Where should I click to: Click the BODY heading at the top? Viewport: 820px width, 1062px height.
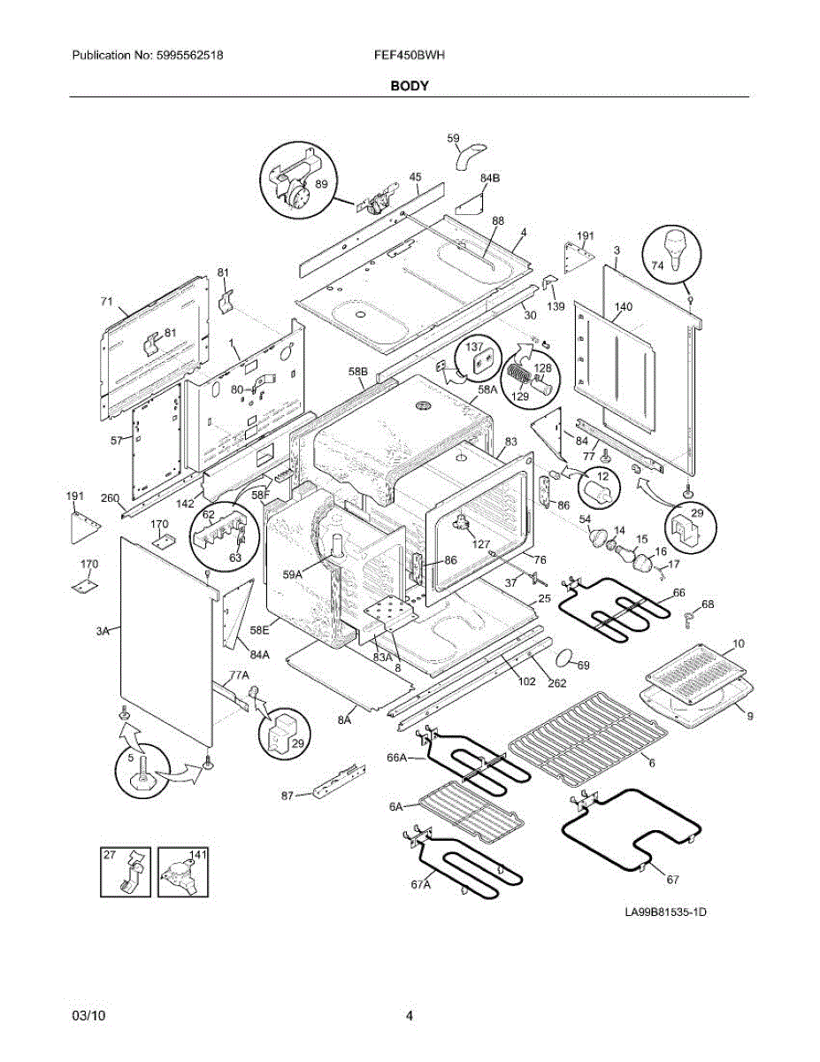(410, 86)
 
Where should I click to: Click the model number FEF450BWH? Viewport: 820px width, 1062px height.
(409, 55)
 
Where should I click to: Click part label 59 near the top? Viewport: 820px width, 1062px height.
(453, 138)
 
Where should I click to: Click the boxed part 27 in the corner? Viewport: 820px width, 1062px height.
(123, 871)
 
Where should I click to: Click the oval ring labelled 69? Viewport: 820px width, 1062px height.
(564, 659)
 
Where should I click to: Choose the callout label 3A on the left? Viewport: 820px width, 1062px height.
(103, 630)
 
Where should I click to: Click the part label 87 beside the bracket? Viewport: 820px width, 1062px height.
(287, 796)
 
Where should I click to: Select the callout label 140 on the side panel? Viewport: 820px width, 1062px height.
(623, 307)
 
